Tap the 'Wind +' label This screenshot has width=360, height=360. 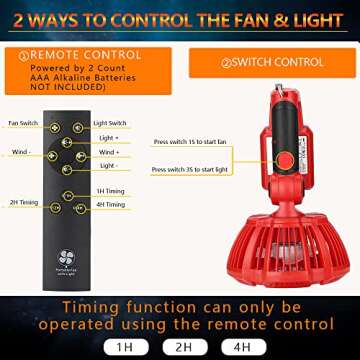point(109,152)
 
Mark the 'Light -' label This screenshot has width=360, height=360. point(108,165)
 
